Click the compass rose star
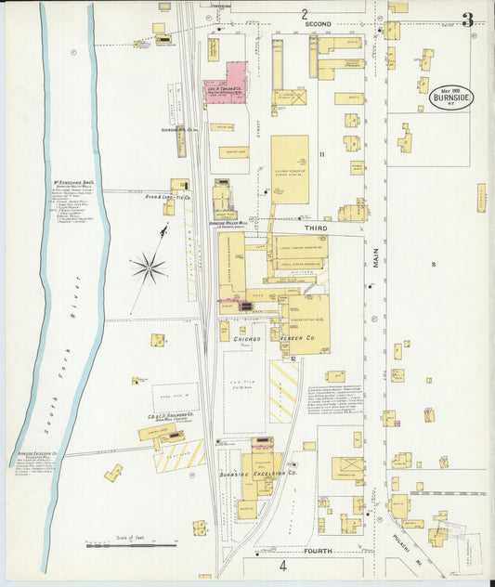click(x=148, y=268)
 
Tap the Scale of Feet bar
click(x=132, y=545)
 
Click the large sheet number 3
click(x=466, y=20)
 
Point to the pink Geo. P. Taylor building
click(x=226, y=83)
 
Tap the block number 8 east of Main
click(x=433, y=265)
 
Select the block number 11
click(x=321, y=154)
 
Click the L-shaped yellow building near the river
click(x=112, y=473)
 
